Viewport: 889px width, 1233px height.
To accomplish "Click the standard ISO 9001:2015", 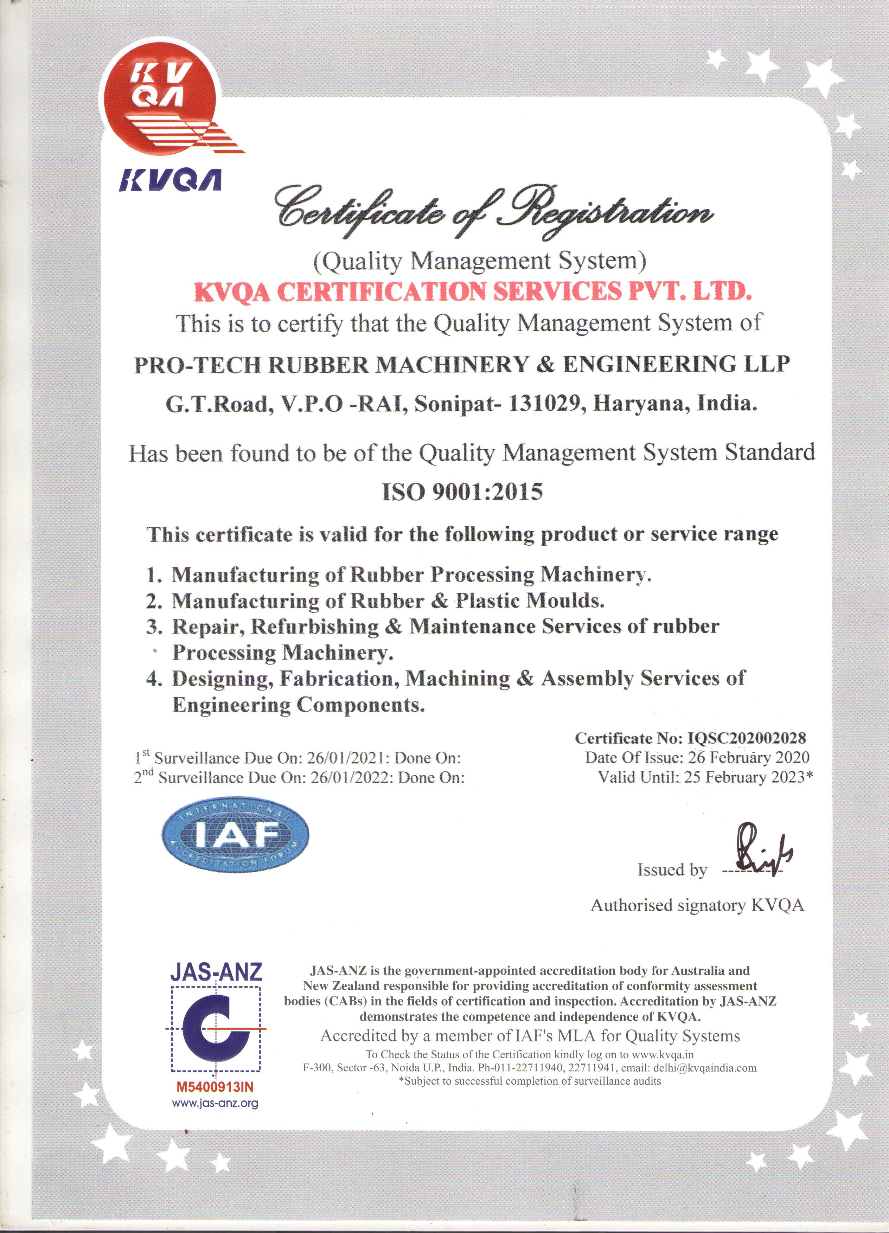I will (x=462, y=492).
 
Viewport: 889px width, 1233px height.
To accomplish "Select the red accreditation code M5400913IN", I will (x=215, y=1087).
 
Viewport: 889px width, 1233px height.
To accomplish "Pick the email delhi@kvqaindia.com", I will (x=705, y=1067).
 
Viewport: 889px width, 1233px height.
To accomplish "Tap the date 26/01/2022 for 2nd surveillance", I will (x=350, y=777).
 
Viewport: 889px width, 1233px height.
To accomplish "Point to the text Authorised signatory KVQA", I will (x=697, y=905).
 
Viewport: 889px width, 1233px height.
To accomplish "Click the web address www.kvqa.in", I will (x=663, y=1054).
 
